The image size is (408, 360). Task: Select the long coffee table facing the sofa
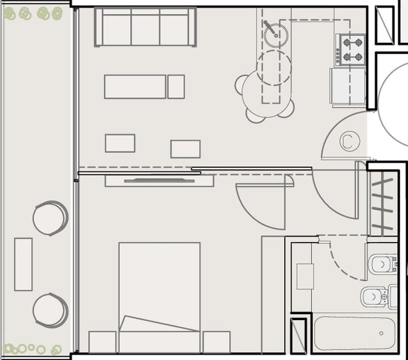coord(135,87)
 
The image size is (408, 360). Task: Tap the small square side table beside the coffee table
coord(176,87)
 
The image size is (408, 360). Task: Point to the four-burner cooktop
coord(351,50)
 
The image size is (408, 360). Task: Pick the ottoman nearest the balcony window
coord(120,143)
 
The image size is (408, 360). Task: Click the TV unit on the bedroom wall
coord(159,180)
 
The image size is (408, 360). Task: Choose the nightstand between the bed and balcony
coord(102,342)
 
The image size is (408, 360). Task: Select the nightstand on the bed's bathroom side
coord(216,342)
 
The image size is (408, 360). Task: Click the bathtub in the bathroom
coord(355,334)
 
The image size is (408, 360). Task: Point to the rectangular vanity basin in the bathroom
coord(305,276)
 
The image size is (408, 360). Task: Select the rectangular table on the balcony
coord(23,264)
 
